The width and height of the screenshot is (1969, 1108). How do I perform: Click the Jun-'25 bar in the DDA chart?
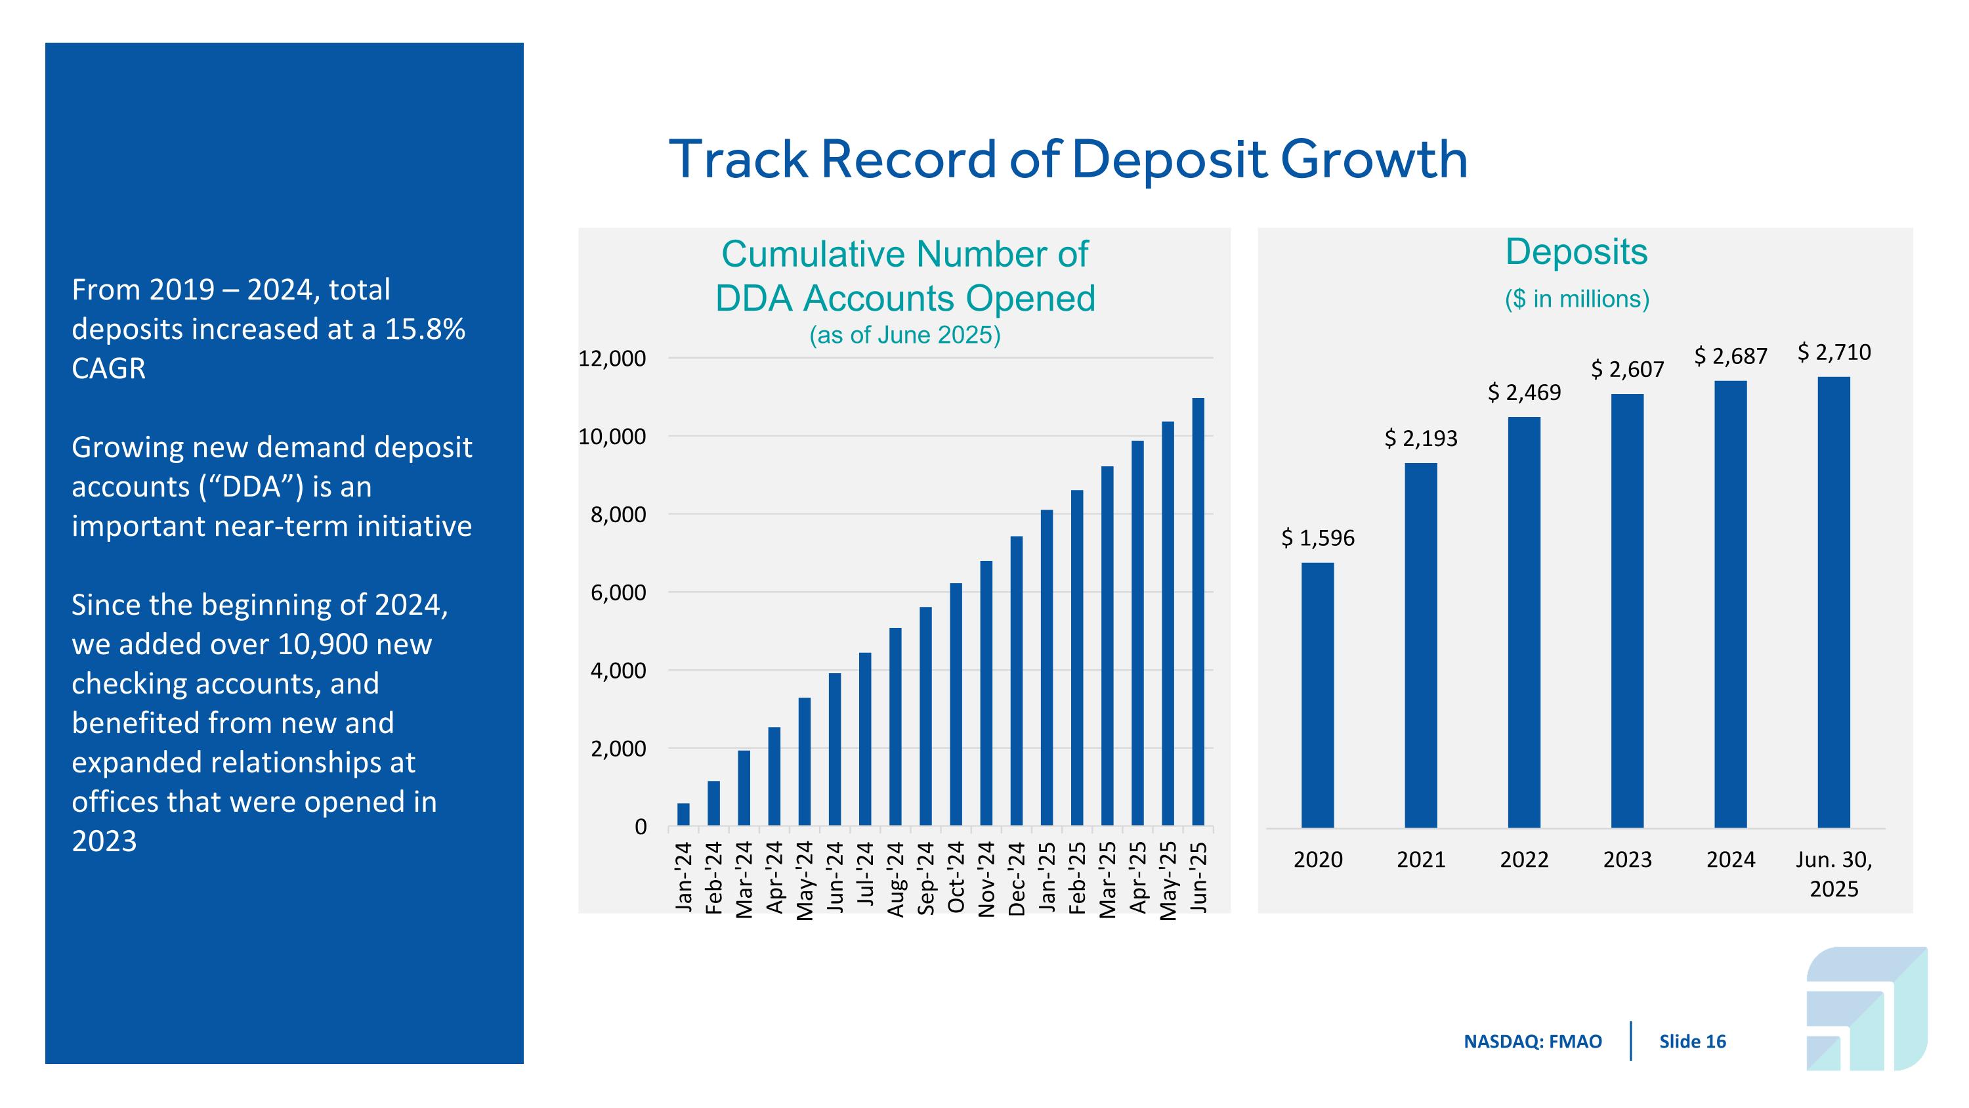1198,611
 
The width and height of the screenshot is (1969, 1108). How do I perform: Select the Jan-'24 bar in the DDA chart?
683,814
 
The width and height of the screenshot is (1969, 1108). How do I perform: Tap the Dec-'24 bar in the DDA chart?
1017,680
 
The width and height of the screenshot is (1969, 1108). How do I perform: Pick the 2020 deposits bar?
1318,695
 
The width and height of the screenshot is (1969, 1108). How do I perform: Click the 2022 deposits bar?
1524,623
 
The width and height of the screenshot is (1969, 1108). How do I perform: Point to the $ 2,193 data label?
1421,439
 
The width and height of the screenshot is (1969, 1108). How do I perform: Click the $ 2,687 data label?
1731,357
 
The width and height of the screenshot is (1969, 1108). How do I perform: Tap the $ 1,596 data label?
1318,539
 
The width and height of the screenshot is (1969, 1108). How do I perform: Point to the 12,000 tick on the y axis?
612,358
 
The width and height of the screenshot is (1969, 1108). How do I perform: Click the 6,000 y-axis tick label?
618,592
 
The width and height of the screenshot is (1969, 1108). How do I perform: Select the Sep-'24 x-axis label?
925,878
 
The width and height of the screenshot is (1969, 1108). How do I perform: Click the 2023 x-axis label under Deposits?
1627,860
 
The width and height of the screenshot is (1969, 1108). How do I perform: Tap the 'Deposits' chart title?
1576,252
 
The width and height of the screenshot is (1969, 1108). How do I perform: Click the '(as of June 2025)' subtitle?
905,335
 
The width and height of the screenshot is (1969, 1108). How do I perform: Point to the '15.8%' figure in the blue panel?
425,330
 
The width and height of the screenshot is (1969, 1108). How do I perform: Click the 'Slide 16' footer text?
1692,1042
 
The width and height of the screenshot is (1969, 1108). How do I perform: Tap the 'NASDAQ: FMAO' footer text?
1533,1042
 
